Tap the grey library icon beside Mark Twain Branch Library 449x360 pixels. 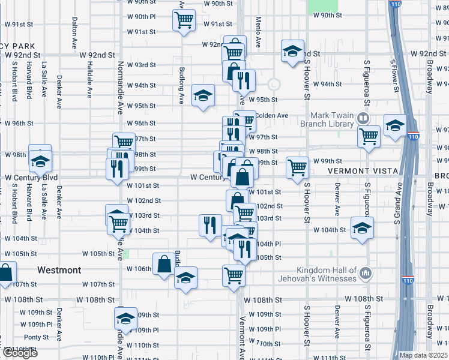[363, 118]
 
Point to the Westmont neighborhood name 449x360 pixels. [59, 271]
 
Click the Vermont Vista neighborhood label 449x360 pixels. [363, 171]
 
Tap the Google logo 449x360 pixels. [19, 353]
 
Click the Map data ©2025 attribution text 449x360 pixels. [424, 355]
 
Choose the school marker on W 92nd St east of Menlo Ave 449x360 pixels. [292, 51]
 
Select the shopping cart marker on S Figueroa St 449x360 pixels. [369, 136]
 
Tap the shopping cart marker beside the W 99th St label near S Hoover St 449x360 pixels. [297, 167]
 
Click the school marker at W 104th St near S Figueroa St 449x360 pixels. [362, 228]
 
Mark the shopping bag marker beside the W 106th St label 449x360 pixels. [164, 264]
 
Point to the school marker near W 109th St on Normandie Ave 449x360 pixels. [126, 318]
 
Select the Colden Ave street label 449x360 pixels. [271, 115]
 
